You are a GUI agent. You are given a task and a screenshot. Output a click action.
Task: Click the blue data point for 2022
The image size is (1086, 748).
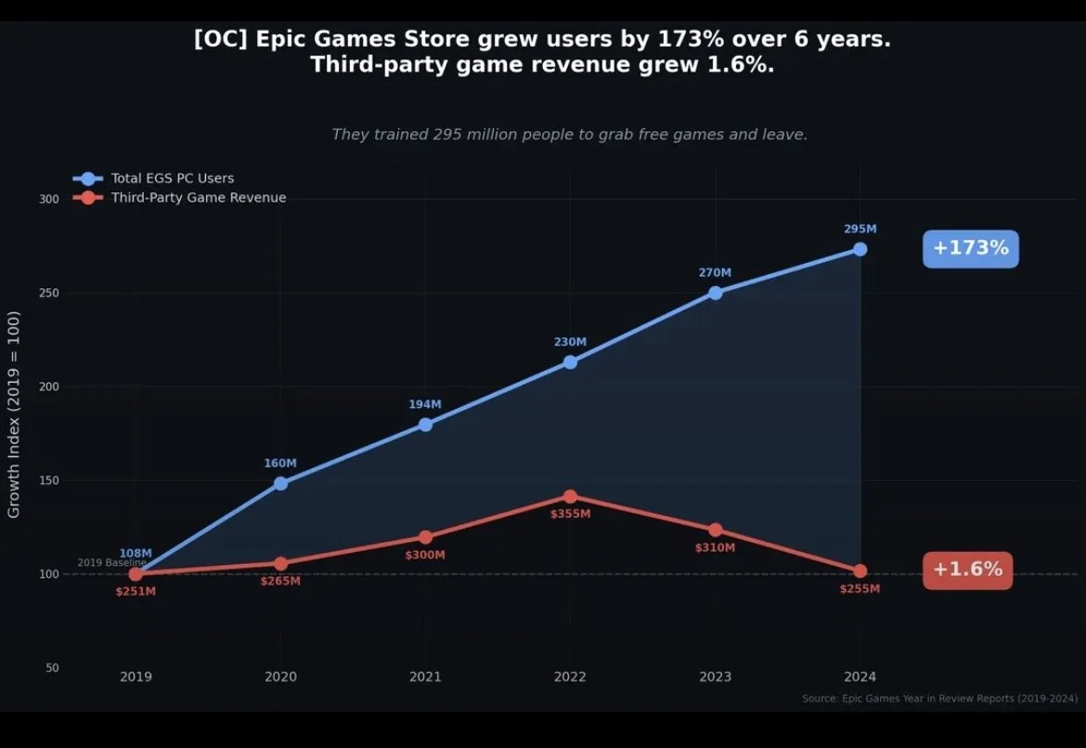pyautogui.click(x=570, y=361)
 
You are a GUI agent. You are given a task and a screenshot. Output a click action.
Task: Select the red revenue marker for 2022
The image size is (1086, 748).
pyautogui.click(x=570, y=497)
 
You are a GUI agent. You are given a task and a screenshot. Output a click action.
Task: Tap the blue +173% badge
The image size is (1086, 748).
pyautogui.click(x=970, y=248)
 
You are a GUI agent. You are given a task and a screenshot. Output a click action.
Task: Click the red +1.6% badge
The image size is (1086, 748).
pyautogui.click(x=967, y=570)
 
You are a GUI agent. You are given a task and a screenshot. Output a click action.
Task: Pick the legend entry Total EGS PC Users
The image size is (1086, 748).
pyautogui.click(x=172, y=178)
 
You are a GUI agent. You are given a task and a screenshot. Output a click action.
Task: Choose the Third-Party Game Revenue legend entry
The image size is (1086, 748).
pyautogui.click(x=198, y=198)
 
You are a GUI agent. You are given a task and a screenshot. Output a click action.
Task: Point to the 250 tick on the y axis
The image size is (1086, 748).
pyautogui.click(x=48, y=293)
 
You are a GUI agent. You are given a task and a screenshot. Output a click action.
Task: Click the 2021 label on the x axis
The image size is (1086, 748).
pyautogui.click(x=425, y=676)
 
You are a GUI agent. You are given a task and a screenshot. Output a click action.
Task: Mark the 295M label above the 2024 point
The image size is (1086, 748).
pyautogui.click(x=860, y=229)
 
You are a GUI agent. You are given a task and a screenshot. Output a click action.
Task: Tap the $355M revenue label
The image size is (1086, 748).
pyautogui.click(x=570, y=514)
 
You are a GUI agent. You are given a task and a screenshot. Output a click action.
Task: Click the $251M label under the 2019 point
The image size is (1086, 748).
pyautogui.click(x=136, y=591)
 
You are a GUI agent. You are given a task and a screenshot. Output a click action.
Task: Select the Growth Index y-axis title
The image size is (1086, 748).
pyautogui.click(x=14, y=414)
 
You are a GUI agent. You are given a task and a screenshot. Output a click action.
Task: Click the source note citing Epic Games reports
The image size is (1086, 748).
pyautogui.click(x=939, y=698)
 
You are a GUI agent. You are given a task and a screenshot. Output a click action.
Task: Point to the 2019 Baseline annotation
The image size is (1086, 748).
pyautogui.click(x=111, y=563)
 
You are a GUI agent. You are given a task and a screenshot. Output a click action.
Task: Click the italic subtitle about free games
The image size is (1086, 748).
pyautogui.click(x=569, y=135)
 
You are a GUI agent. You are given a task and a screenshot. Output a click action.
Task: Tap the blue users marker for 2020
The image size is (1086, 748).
pyautogui.click(x=280, y=483)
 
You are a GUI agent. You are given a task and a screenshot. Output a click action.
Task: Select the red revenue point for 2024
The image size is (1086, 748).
pyautogui.click(x=860, y=571)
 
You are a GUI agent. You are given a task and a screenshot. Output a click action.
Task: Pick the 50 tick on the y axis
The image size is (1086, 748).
pyautogui.click(x=52, y=668)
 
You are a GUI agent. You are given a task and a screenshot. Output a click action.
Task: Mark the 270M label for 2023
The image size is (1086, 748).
pyautogui.click(x=715, y=272)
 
